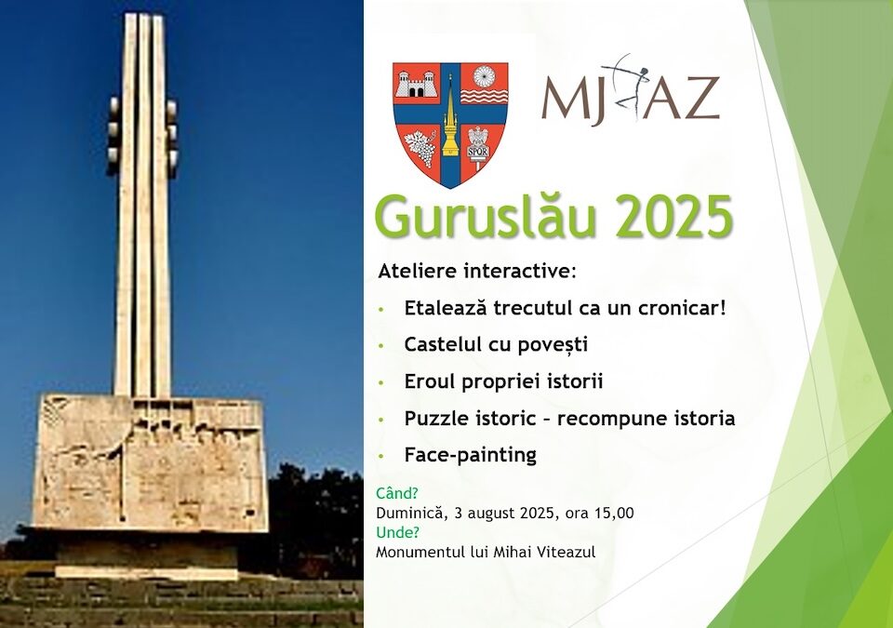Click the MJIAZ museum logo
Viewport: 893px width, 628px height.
tap(631, 90)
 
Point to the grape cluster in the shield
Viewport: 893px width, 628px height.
tap(421, 148)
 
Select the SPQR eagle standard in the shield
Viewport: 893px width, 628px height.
tap(477, 146)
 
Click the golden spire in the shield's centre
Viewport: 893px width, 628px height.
tap(450, 123)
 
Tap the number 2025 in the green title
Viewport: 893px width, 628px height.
tap(673, 217)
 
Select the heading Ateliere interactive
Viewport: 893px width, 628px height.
tap(477, 272)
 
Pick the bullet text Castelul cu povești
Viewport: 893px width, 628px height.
tap(496, 345)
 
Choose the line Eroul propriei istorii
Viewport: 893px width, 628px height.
tap(503, 381)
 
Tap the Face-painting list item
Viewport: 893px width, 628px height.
tap(471, 455)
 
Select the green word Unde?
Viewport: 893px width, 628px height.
tap(397, 532)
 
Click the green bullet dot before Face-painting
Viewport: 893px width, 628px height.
tap(381, 457)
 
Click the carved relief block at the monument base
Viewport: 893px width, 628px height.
tap(151, 461)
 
